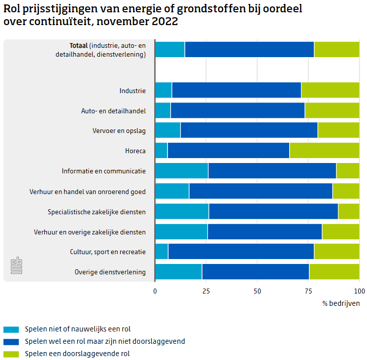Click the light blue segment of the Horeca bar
(x=161, y=151)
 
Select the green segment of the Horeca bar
(x=324, y=151)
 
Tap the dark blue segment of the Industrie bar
(x=236, y=91)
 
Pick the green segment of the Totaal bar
(x=336, y=50)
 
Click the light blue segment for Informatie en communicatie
(x=181, y=171)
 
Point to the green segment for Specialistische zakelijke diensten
(x=349, y=211)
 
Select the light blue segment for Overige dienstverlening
(x=178, y=272)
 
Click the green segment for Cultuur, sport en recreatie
(x=336, y=252)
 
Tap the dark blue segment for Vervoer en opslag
(x=249, y=131)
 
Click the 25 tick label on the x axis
(x=206, y=292)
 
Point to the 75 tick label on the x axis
(x=308, y=292)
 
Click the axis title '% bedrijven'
(x=341, y=303)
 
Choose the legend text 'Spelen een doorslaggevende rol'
(x=77, y=354)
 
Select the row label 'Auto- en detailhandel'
(x=113, y=111)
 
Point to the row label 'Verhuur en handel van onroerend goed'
(x=88, y=191)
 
